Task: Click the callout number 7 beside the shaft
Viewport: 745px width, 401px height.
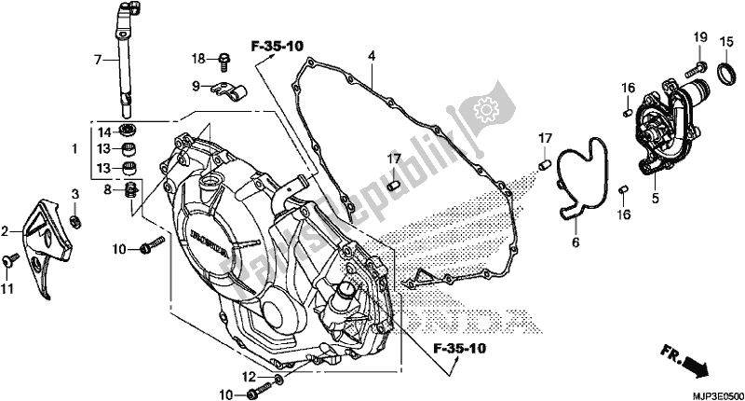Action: pos(98,60)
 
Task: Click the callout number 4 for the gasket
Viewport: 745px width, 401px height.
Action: pos(371,56)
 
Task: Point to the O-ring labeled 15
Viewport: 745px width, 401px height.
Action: pos(725,75)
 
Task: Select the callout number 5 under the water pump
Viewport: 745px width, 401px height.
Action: pos(656,198)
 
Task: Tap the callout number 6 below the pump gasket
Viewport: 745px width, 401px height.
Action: pos(576,242)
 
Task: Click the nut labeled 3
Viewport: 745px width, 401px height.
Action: pos(74,220)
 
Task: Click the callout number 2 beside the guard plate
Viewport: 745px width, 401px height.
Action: pos(5,232)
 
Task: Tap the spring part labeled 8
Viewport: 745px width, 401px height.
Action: pos(131,191)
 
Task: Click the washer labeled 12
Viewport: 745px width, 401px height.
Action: pos(278,379)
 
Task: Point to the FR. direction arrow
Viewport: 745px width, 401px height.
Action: pos(684,362)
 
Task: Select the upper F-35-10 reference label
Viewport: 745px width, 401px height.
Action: pos(277,46)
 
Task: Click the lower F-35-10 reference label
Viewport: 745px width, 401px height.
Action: pos(459,349)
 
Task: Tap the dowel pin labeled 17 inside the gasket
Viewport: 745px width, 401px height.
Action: pos(392,186)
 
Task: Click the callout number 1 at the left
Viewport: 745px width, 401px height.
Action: pos(74,149)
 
